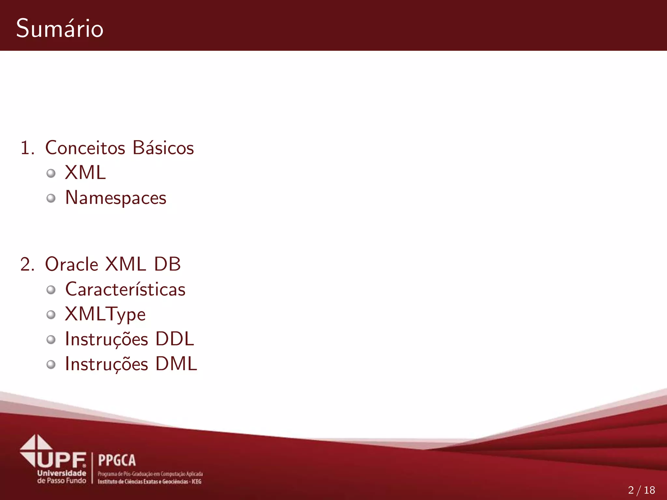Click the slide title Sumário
(x=60, y=28)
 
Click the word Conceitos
(x=85, y=148)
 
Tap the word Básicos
(x=163, y=148)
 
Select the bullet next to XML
(x=51, y=173)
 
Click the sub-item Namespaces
(x=116, y=198)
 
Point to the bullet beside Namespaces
(x=51, y=198)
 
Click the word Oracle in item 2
(x=72, y=264)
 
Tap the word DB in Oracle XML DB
(x=167, y=264)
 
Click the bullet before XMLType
(x=51, y=314)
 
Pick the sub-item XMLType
(x=105, y=314)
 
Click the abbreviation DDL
(x=175, y=339)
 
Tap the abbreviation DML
(x=176, y=364)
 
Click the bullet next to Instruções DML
(x=51, y=365)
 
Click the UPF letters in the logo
(x=62, y=460)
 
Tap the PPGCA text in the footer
(x=117, y=460)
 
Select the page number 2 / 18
(x=641, y=490)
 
